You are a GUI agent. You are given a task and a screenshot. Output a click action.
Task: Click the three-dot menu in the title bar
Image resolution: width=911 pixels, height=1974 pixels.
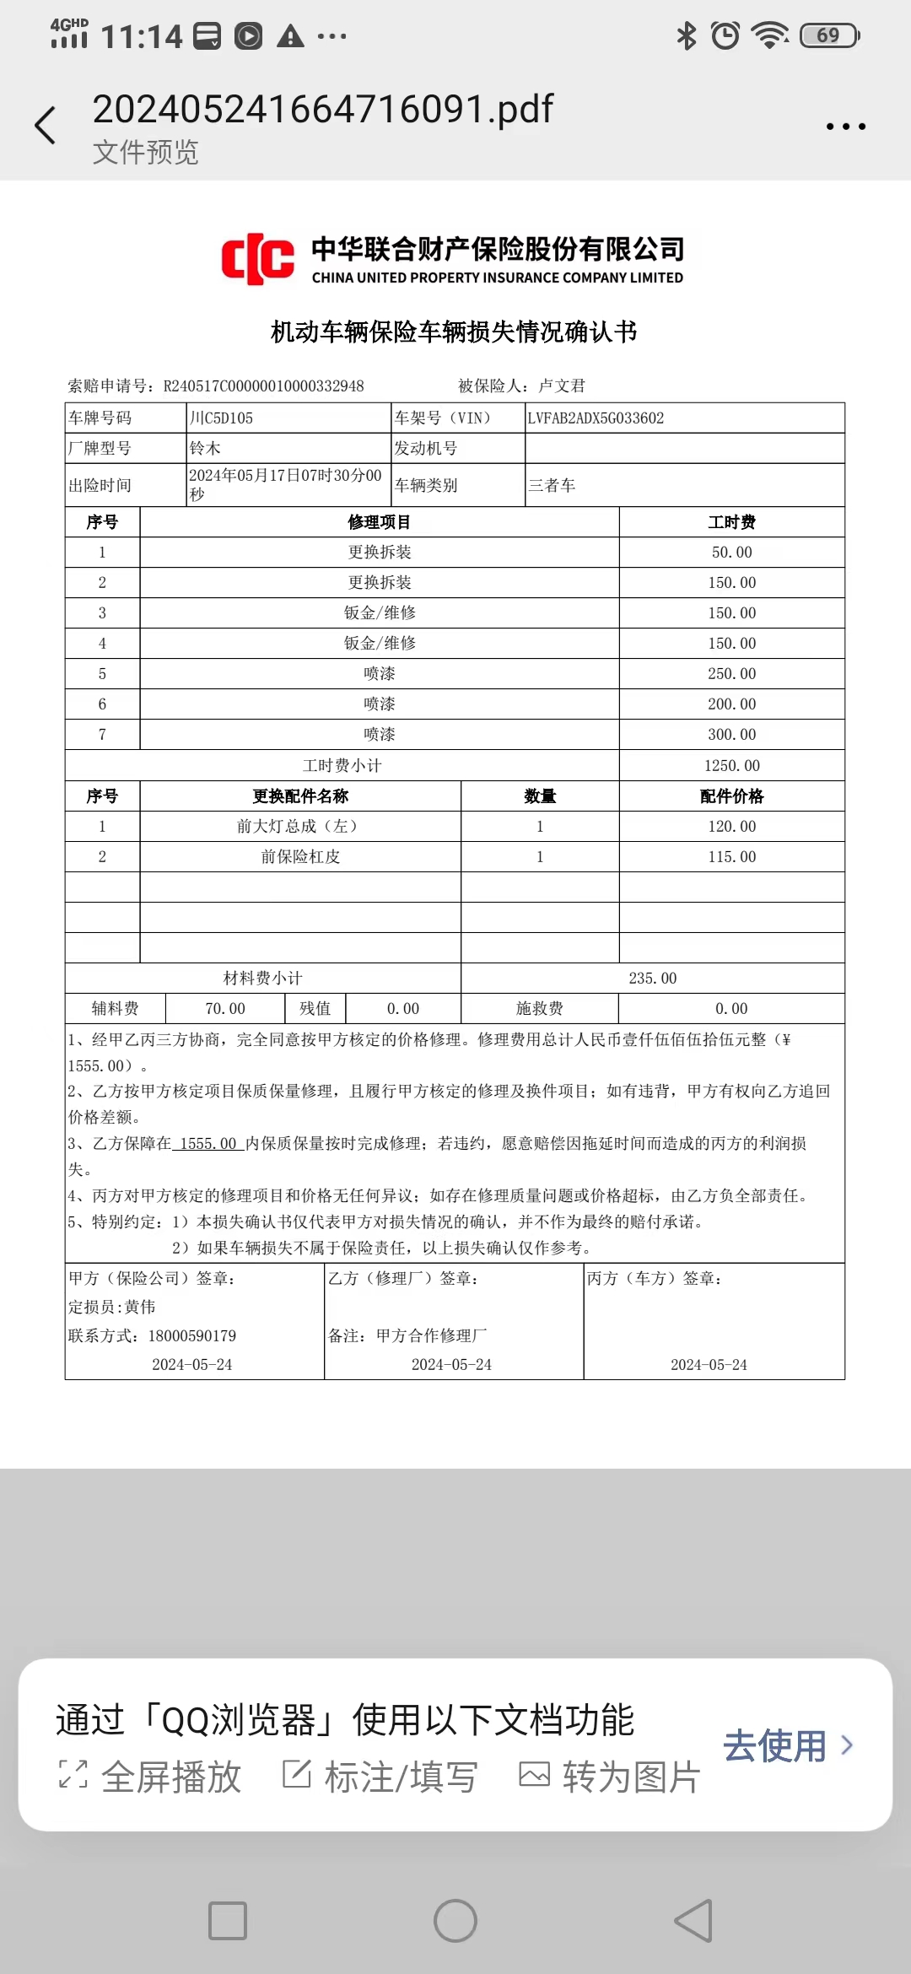845,127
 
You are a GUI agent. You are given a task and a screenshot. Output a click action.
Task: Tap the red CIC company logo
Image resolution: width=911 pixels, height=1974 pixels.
257,259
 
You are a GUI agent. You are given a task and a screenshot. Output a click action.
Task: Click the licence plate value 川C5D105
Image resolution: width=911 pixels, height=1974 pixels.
221,418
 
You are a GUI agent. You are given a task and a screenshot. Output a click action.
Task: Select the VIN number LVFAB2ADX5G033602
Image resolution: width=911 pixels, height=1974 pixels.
596,418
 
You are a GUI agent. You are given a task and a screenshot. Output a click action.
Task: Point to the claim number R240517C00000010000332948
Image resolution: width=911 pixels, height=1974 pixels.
263,386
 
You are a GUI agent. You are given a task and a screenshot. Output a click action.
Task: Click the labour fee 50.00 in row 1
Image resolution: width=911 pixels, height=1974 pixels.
731,553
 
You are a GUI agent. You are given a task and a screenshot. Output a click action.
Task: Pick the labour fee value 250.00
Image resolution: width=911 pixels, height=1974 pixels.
731,674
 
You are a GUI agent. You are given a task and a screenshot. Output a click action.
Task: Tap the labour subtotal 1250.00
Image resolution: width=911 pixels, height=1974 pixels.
731,766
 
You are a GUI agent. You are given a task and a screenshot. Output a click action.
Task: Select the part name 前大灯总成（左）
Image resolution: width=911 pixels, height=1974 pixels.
299,827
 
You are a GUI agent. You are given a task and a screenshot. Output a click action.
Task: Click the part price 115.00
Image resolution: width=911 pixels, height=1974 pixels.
731,857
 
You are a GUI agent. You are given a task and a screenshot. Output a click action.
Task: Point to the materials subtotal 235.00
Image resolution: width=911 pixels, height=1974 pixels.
652,979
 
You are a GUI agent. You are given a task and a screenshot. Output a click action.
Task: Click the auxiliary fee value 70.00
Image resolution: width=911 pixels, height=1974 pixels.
225,1009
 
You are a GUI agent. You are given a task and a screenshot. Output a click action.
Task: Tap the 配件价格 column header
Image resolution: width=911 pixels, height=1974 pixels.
731,796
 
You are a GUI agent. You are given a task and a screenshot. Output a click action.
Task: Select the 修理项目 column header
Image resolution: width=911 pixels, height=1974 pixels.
379,522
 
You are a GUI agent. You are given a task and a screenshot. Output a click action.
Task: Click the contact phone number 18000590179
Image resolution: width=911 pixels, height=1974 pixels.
192,1336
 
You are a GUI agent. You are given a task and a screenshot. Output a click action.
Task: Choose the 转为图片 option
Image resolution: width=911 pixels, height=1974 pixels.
610,1777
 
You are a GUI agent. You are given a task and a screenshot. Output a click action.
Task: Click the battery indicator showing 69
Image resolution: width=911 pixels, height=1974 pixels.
830,35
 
